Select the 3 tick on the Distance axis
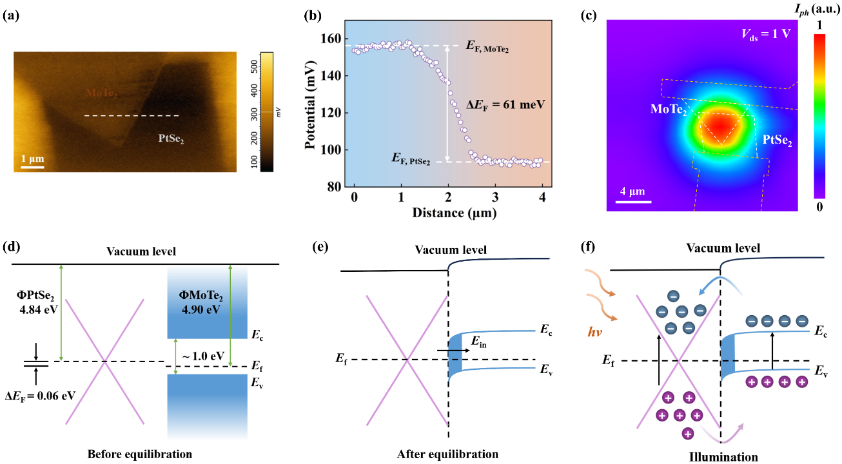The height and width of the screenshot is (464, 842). [x=495, y=196]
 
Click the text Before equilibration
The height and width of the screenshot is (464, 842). [x=140, y=454]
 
